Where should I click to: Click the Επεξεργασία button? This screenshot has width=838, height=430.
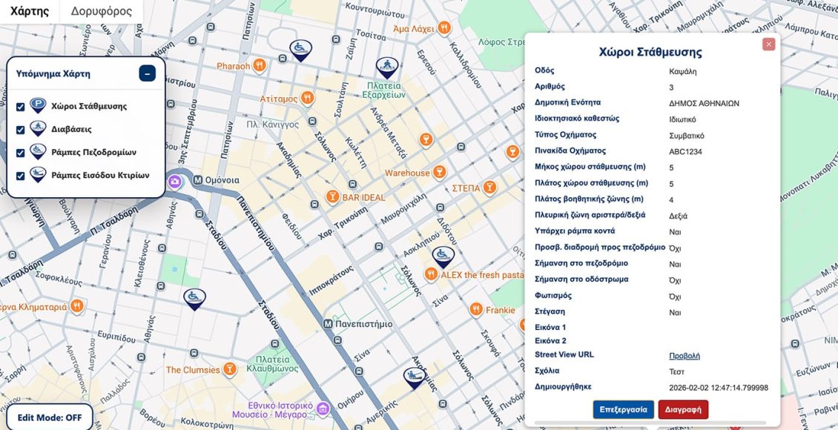pos(623,409)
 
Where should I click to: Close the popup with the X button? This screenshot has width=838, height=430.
pos(769,44)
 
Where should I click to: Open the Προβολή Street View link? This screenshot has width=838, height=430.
pos(684,356)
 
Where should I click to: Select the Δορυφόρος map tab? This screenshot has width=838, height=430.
pos(102,11)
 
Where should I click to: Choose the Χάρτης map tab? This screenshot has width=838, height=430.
pos(30,11)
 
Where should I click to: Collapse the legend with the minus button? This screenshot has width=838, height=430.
pos(147,73)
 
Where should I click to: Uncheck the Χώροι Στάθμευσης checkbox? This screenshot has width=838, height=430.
pos(21,107)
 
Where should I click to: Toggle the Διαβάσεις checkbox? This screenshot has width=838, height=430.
pos(21,130)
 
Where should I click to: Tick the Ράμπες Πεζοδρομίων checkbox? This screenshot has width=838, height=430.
pos(21,153)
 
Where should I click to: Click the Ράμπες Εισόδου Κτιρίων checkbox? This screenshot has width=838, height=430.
pos(21,176)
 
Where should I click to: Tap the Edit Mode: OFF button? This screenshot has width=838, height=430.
pos(50,417)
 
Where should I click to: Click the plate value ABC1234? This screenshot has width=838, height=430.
pos(685,152)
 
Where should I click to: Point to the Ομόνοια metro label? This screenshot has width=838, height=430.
pos(221,180)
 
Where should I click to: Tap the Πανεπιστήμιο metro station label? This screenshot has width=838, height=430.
pos(363,324)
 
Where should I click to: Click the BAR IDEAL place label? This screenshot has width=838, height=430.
pos(363,198)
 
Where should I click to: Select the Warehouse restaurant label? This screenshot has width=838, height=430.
pos(407,173)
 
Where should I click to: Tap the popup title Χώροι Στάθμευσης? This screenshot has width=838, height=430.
pos(650,53)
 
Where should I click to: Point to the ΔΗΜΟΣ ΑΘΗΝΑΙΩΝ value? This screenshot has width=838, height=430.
pos(704,104)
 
